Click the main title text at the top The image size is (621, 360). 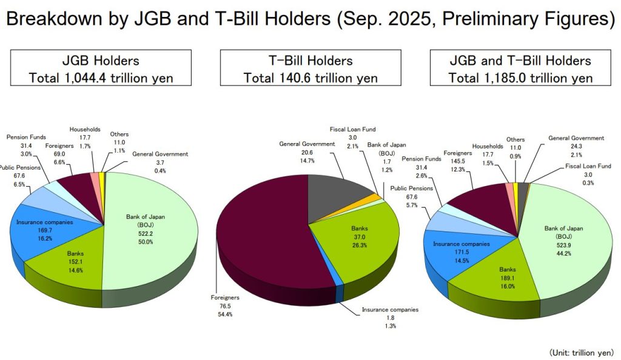(x=310, y=19)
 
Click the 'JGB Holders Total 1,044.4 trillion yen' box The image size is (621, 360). (x=101, y=69)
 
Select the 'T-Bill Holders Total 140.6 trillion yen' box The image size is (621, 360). (x=310, y=69)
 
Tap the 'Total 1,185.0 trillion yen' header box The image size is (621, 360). (x=520, y=69)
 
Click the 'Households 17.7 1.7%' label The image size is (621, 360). (x=84, y=138)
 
